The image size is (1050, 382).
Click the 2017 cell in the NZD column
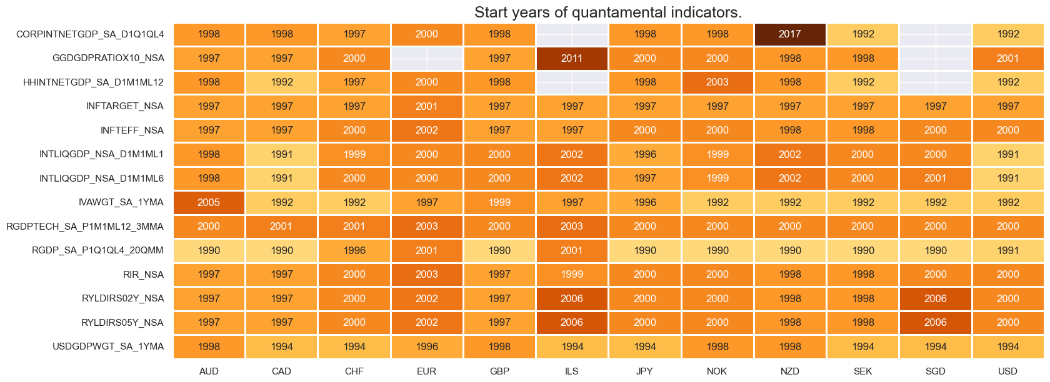[790, 34]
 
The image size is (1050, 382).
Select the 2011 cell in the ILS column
[572, 58]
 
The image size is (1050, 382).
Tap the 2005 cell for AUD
[209, 202]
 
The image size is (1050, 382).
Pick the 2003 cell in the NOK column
[717, 82]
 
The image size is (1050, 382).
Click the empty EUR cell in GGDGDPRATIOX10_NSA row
[427, 58]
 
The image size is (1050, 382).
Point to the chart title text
[607, 12]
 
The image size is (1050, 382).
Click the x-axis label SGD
[935, 371]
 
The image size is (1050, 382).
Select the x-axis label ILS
[572, 371]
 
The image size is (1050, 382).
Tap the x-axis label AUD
[209, 371]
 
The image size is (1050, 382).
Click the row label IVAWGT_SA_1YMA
[121, 202]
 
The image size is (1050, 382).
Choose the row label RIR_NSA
[143, 275]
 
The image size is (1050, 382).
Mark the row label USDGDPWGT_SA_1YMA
[107, 346]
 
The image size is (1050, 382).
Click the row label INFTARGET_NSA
[124, 106]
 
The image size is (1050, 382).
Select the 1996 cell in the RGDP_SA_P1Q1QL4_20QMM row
[354, 250]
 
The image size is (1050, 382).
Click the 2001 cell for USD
[1007, 58]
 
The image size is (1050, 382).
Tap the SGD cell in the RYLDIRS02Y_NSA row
[935, 298]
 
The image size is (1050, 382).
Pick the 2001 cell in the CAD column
[281, 227]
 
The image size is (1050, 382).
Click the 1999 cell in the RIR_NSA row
[572, 275]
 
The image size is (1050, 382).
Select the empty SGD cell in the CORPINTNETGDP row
[935, 34]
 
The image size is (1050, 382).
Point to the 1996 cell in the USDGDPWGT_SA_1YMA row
[427, 346]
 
